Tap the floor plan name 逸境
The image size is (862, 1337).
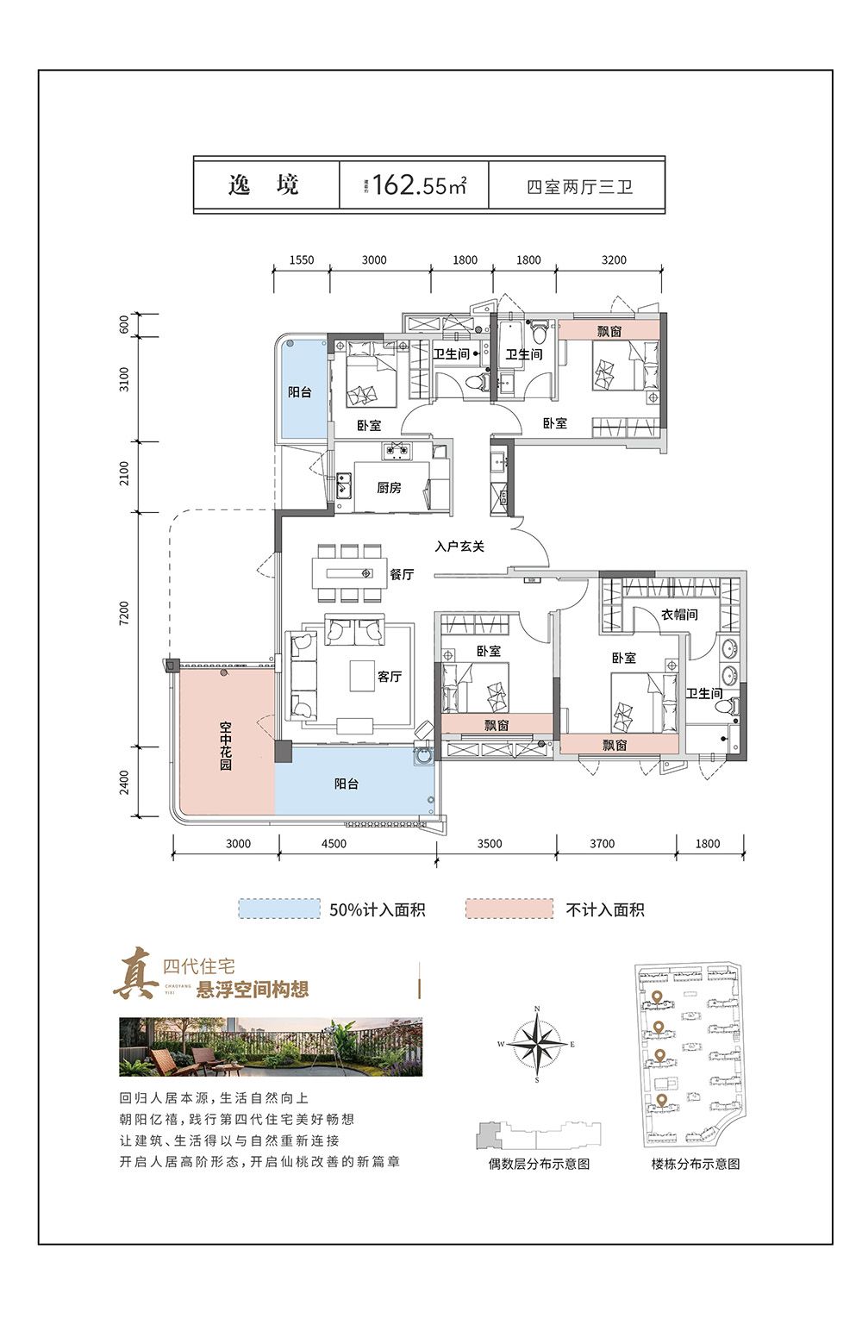[264, 184]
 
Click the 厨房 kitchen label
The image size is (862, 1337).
[389, 488]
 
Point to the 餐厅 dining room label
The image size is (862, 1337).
[402, 574]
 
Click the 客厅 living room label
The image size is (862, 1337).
[390, 677]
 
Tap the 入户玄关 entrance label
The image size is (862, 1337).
[459, 547]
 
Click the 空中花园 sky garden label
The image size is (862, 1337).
[225, 746]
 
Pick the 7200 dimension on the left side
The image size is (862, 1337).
[125, 614]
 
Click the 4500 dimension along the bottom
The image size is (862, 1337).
[334, 844]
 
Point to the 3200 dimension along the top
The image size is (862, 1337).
[614, 259]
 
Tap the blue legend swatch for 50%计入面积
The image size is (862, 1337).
[279, 909]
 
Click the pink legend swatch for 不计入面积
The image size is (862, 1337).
[509, 909]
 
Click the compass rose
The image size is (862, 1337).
[537, 1044]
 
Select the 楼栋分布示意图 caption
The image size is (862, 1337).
[695, 1164]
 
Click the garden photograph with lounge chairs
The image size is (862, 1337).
[271, 1046]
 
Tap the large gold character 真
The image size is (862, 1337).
[136, 974]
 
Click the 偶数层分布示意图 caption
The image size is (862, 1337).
[539, 1164]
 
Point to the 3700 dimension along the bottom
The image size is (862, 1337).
[602, 844]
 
